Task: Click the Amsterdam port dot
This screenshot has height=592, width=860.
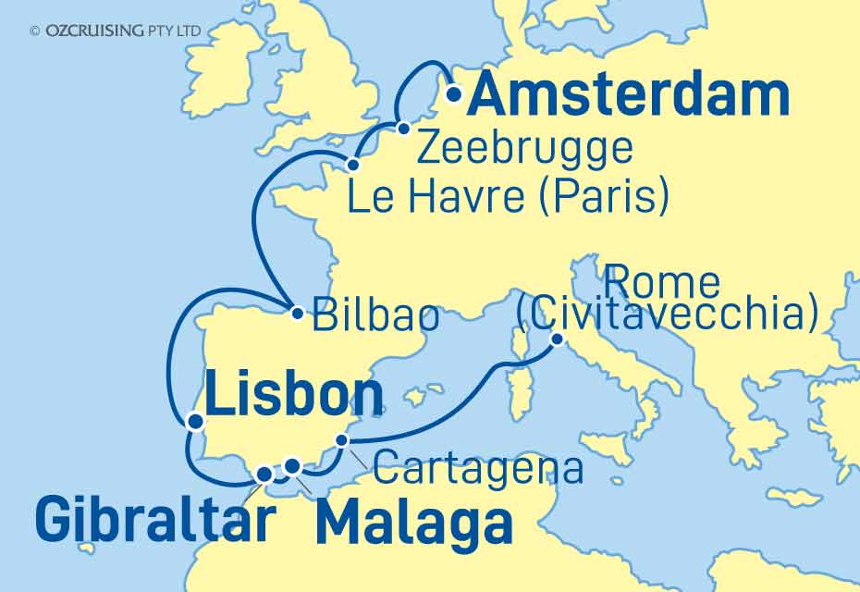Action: pyautogui.click(x=454, y=93)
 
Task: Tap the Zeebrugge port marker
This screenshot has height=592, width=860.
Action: pyautogui.click(x=404, y=129)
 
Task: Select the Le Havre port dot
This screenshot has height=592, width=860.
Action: pyautogui.click(x=352, y=166)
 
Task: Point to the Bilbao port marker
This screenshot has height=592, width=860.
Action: pyautogui.click(x=297, y=313)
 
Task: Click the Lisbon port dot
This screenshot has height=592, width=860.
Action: pyautogui.click(x=194, y=422)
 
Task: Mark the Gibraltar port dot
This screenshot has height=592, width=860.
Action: pyautogui.click(x=264, y=475)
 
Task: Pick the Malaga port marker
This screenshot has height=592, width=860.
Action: pyautogui.click(x=292, y=466)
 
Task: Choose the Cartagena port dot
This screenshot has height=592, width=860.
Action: pyautogui.click(x=342, y=441)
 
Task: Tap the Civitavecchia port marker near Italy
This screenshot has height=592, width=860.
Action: pyautogui.click(x=558, y=339)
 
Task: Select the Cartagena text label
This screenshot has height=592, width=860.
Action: pyautogui.click(x=477, y=469)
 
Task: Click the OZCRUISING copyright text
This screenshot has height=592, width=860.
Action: pyautogui.click(x=116, y=31)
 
